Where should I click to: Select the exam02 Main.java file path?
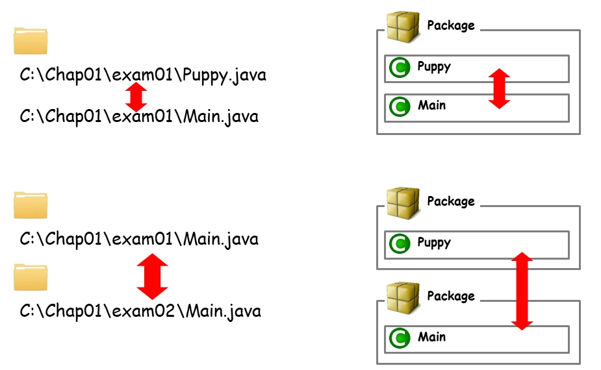coord(140,311)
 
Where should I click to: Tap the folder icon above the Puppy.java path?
coord(31,40)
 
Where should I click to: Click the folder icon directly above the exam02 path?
coord(31,277)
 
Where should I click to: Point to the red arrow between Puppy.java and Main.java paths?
coord(136,96)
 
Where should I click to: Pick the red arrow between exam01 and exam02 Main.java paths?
coord(152,276)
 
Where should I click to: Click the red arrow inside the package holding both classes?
coord(498,88)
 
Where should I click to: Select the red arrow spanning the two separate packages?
coord(522,290)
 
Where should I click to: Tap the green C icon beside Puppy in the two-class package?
coord(399,68)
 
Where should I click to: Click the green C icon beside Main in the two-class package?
coord(399,106)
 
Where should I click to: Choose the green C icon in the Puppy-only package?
coord(399,244)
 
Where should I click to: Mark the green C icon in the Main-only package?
coord(399,338)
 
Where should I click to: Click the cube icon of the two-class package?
coord(403,26)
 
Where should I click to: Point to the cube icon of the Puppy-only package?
coord(403,203)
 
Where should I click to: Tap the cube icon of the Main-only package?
coord(403,297)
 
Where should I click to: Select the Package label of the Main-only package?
coord(451,296)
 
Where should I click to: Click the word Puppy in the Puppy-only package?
coord(434,243)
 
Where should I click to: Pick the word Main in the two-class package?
coord(432,105)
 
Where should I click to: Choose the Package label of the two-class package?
coord(451,25)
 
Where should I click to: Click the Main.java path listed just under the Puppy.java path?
coord(139,117)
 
